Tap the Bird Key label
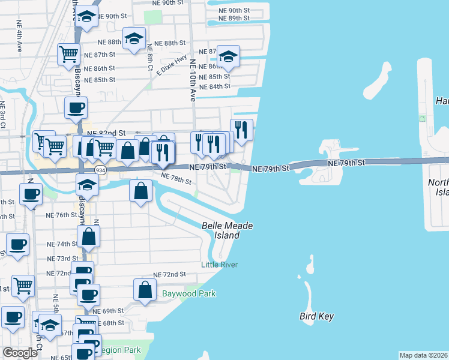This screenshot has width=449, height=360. pyautogui.click(x=316, y=316)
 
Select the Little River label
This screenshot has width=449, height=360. pyautogui.click(x=220, y=265)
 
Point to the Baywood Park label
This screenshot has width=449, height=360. pyautogui.click(x=188, y=294)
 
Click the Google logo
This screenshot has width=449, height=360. pyautogui.click(x=20, y=353)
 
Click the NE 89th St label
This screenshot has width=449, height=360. pyautogui.click(x=235, y=19)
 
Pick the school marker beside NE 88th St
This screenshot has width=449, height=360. pyautogui.click(x=135, y=39)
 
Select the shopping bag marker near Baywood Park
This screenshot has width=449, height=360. pyautogui.click(x=146, y=290)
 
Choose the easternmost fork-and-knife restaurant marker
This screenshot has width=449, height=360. pyautogui.click(x=241, y=130)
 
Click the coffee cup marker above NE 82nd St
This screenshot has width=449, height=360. pyautogui.click(x=76, y=108)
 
